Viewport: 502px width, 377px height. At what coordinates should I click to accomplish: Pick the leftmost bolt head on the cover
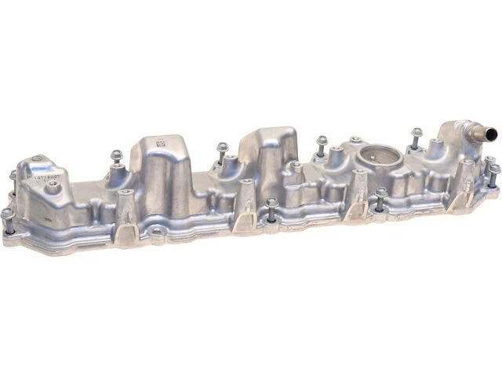pos(7,213)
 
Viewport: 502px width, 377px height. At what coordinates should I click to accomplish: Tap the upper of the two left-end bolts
pos(13,174)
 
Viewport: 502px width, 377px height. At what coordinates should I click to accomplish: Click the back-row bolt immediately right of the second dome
pos(322,141)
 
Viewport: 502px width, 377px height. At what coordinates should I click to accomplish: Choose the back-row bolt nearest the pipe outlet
pos(417,133)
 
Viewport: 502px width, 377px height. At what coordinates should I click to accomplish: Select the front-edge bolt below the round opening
pos(381,193)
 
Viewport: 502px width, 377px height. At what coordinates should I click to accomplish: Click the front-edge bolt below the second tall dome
pos(271,203)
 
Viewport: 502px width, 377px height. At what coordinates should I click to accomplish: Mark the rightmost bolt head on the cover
pos(494,169)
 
